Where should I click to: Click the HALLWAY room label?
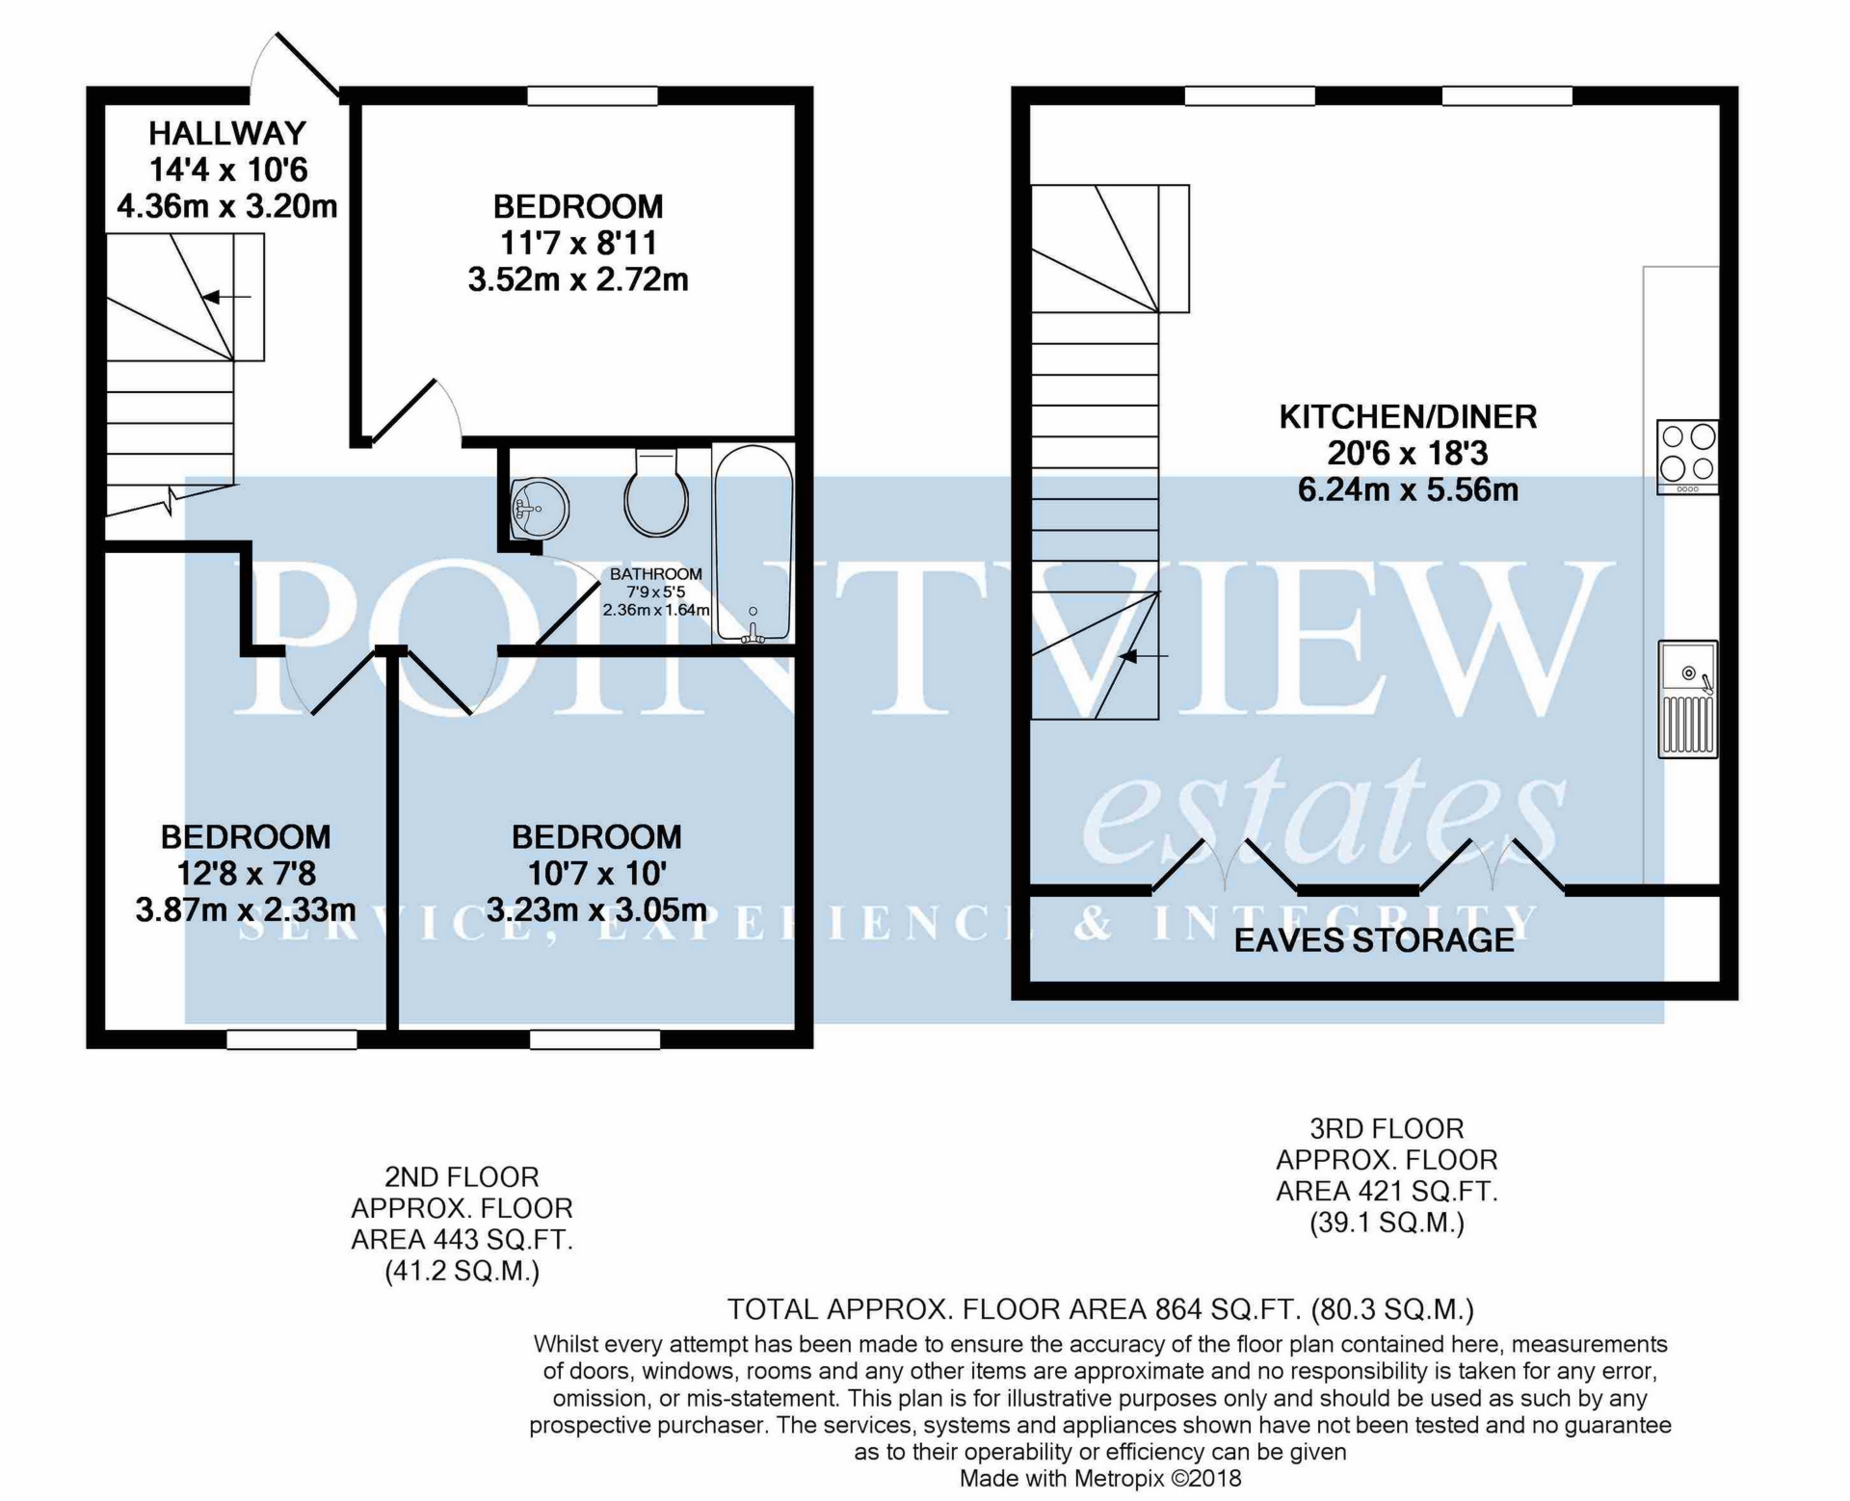(227, 133)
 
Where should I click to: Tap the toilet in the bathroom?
(656, 492)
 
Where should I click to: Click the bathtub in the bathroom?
(753, 544)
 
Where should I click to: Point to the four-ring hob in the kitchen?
(1687, 457)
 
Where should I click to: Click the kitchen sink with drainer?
(1688, 699)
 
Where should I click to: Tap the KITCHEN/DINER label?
(1408, 417)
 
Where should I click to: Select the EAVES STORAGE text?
(1374, 939)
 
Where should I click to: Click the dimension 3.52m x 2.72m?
(578, 279)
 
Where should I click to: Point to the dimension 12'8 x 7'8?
(246, 873)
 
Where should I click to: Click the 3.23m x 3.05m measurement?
(596, 909)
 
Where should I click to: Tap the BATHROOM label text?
(656, 574)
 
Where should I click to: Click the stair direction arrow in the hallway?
(226, 297)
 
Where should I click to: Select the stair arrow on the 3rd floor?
(1144, 656)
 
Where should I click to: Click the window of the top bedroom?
(593, 95)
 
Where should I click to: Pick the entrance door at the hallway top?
(307, 64)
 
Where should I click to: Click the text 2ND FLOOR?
(462, 1177)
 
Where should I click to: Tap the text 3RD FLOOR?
(1387, 1128)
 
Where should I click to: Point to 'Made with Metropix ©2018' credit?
(1100, 1478)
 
